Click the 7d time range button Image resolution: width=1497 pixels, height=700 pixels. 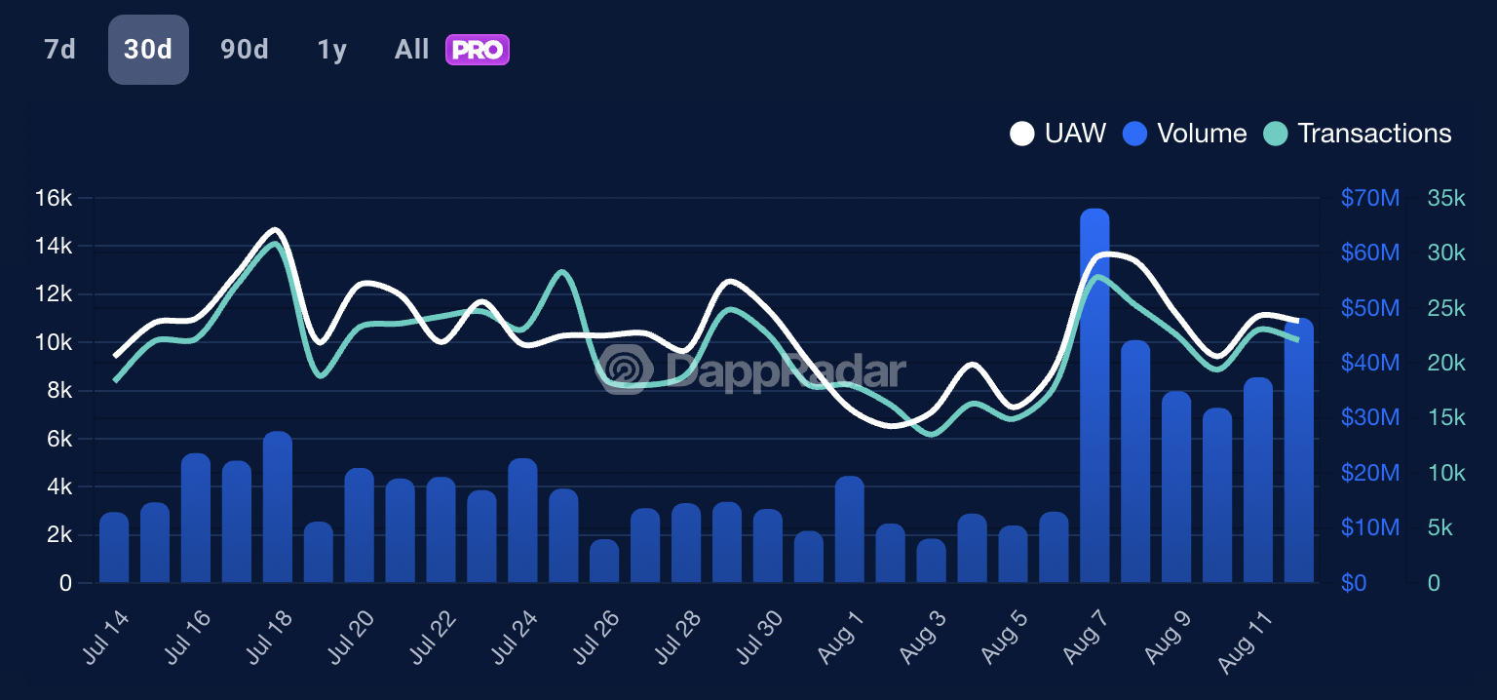coord(59,50)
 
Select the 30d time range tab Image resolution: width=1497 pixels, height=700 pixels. coord(148,50)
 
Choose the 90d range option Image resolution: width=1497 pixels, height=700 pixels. coord(244,50)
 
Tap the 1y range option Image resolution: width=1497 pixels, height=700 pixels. coord(331,50)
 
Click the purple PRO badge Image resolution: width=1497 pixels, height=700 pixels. coord(478,50)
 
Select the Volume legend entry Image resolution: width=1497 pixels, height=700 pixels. coord(1185,134)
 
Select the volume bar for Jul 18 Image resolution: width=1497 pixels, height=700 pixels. coord(278,507)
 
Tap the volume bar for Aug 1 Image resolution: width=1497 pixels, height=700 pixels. coord(850,529)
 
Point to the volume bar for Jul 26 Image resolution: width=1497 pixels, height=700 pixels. coord(604,562)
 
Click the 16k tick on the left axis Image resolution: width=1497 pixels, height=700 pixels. coord(53,199)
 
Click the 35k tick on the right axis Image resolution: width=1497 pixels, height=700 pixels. coord(1446,199)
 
